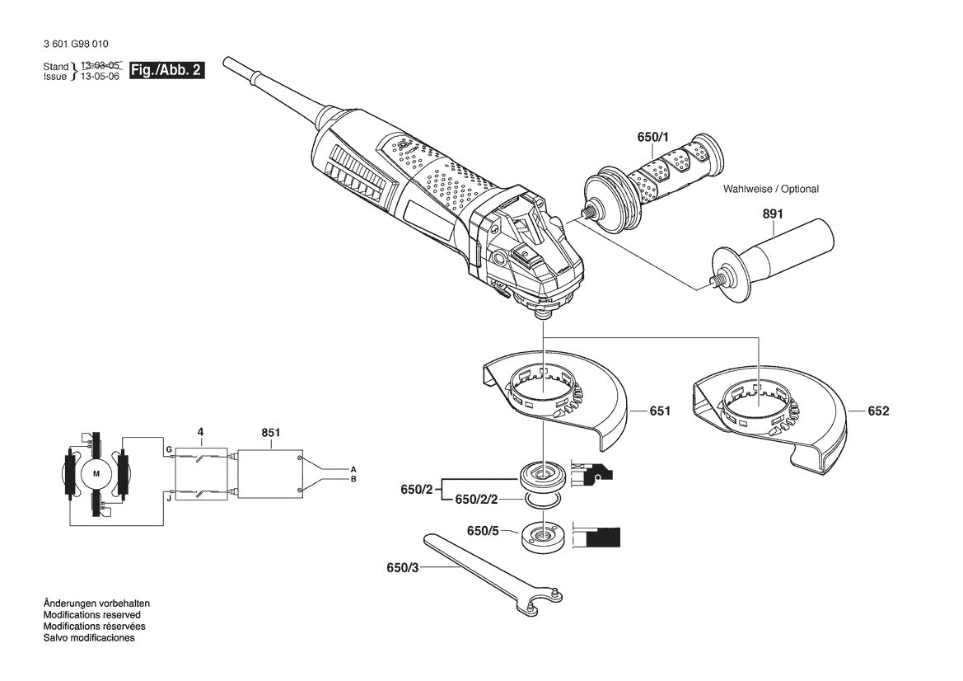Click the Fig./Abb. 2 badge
[166, 70]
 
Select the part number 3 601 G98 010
[74, 45]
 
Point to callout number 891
[773, 214]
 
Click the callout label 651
[660, 411]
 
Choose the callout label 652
[878, 411]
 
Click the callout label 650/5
[483, 531]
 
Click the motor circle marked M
[96, 474]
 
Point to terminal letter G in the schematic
[168, 449]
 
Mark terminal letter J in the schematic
[168, 497]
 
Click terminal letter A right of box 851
[353, 467]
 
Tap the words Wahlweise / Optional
[771, 190]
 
